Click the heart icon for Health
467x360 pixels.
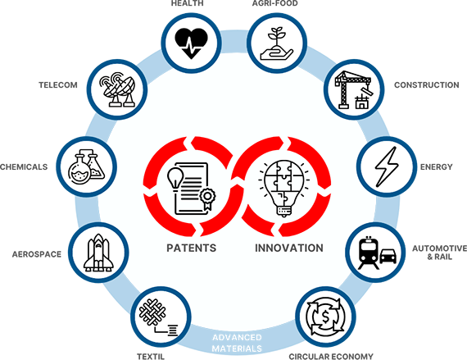pos(191,43)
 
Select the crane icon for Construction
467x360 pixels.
pos(353,89)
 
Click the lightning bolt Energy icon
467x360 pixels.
pos(387,166)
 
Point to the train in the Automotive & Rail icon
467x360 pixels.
pos(369,253)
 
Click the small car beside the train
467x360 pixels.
pos(388,256)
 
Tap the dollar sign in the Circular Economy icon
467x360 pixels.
pos(325,317)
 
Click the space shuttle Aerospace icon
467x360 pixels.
pos(98,253)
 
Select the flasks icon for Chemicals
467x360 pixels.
pos(86,166)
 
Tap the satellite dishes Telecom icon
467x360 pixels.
pos(117,89)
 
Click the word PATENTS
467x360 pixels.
pos(191,248)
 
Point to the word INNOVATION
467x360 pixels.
pos(289,248)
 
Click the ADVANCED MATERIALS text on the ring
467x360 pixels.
pos(237,343)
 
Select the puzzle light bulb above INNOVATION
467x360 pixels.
pos(283,188)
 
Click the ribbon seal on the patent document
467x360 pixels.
pos(207,198)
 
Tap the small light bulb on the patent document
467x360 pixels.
pos(175,178)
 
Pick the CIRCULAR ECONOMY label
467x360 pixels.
pos(331,357)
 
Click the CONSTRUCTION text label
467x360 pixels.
pos(427,85)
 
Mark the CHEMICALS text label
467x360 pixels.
pos(24,166)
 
